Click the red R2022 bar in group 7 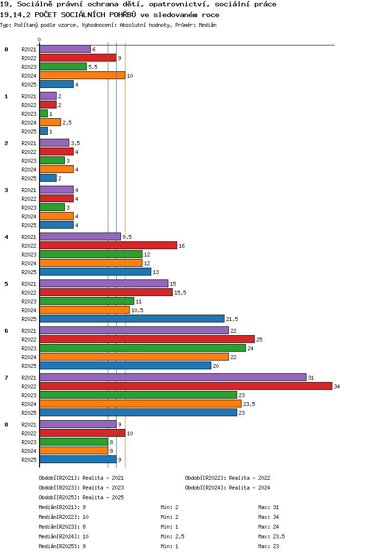185,386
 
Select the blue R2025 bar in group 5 132,319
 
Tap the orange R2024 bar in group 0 82,75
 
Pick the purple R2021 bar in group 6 134,330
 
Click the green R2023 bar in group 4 91,254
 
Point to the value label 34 337,386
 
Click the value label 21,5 232,319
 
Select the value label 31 311,378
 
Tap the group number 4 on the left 6,237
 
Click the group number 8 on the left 6,425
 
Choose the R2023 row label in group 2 29,161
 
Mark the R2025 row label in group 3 29,225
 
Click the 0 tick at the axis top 40,40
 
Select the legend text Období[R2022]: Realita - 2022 227,478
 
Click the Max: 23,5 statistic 271,536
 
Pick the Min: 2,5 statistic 172,536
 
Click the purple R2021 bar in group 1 48,96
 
